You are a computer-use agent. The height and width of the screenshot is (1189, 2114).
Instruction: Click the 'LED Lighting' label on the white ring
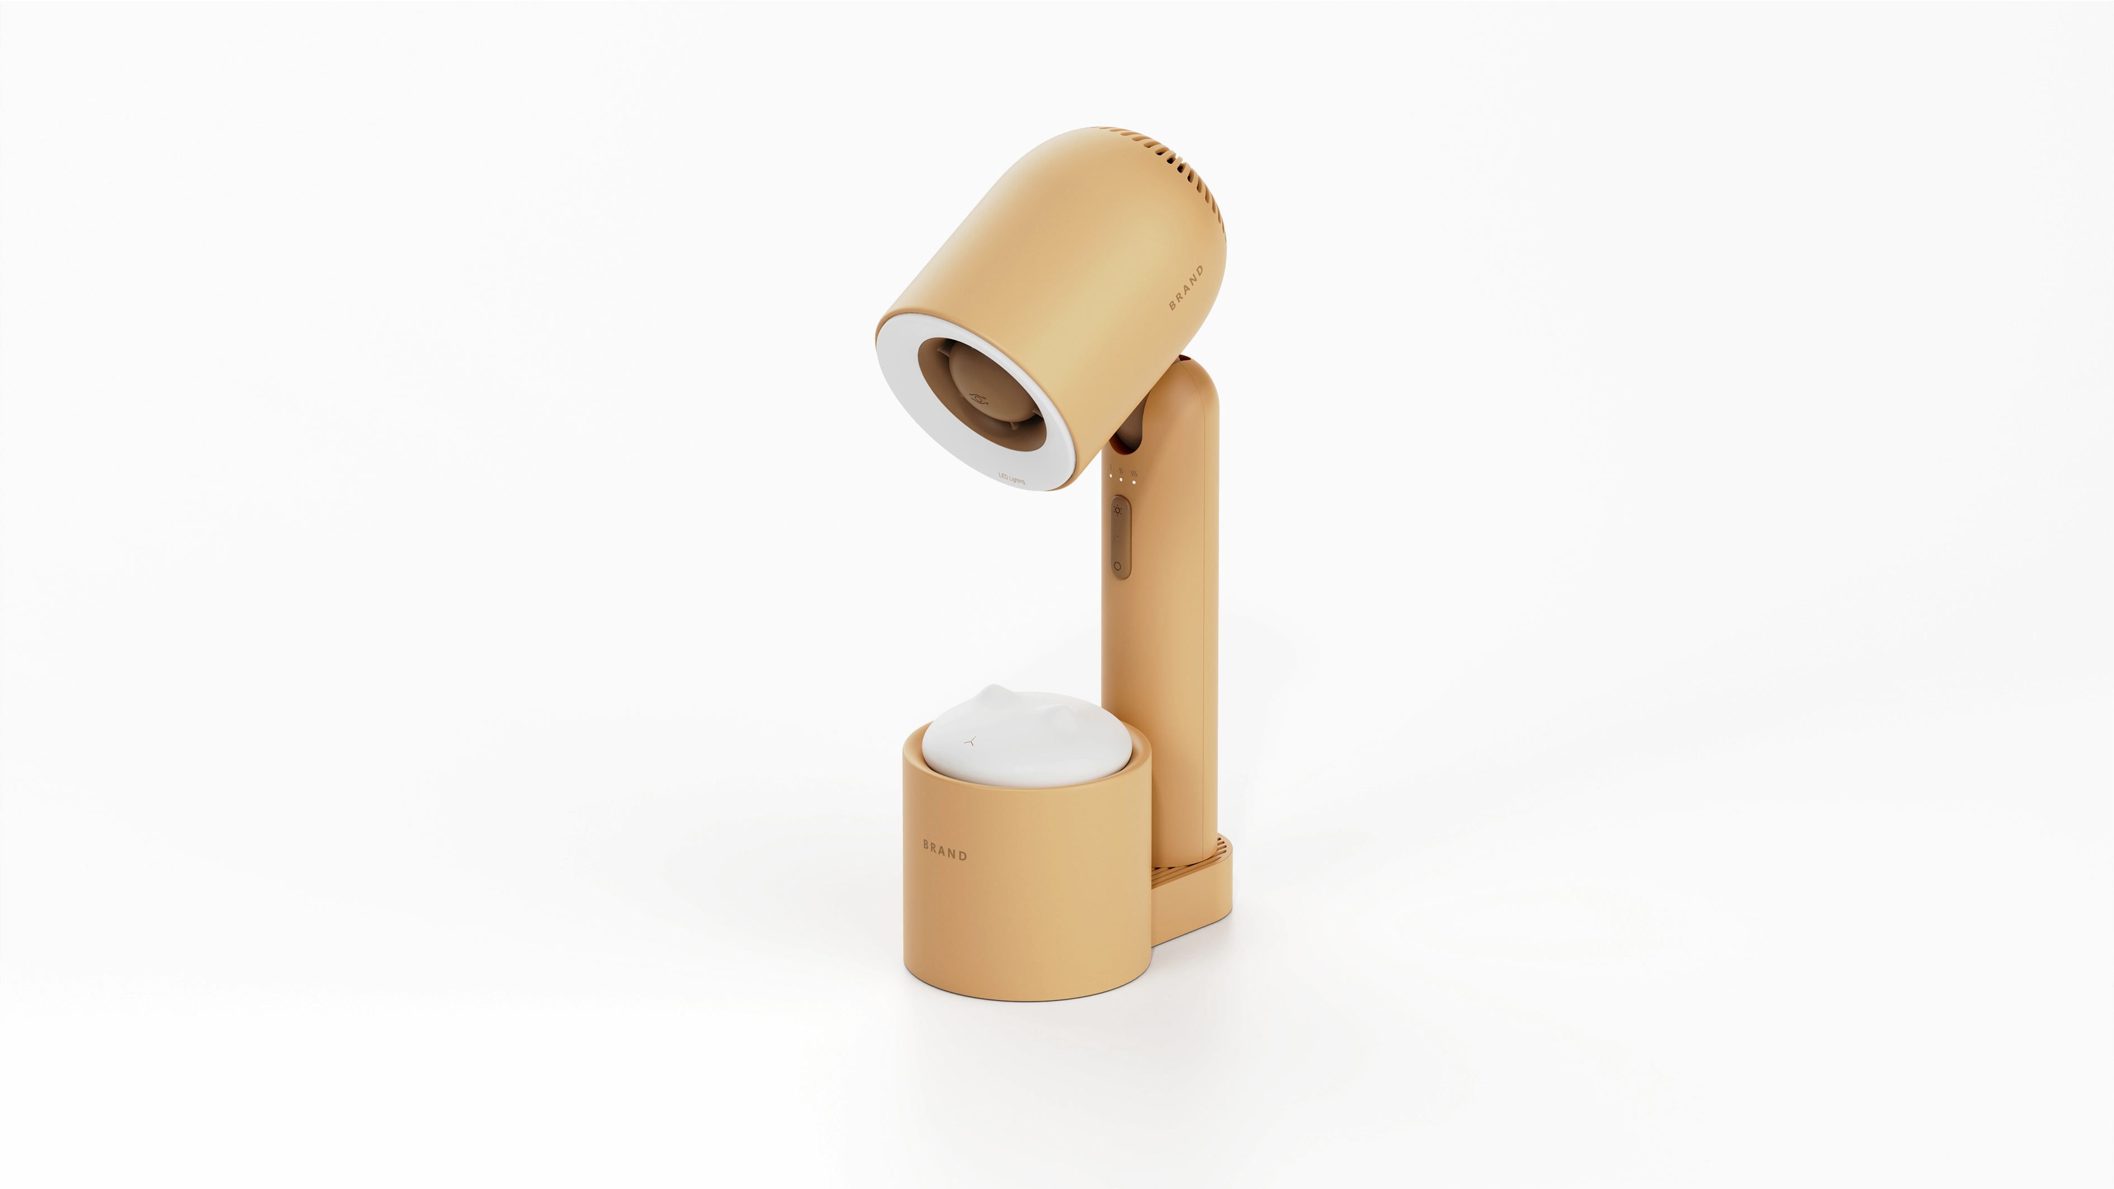tap(1011, 478)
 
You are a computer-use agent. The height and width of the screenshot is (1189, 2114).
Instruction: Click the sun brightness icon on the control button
tap(1117, 509)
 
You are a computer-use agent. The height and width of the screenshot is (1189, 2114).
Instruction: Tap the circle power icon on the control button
tap(1117, 565)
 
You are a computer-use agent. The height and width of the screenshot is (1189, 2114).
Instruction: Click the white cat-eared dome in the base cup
tap(1026, 738)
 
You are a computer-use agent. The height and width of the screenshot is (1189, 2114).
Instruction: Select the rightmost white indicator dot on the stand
tap(1133, 482)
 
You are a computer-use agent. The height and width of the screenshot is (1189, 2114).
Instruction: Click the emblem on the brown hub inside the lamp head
tap(978, 398)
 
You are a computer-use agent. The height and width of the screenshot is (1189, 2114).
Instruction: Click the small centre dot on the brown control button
tap(1117, 537)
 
